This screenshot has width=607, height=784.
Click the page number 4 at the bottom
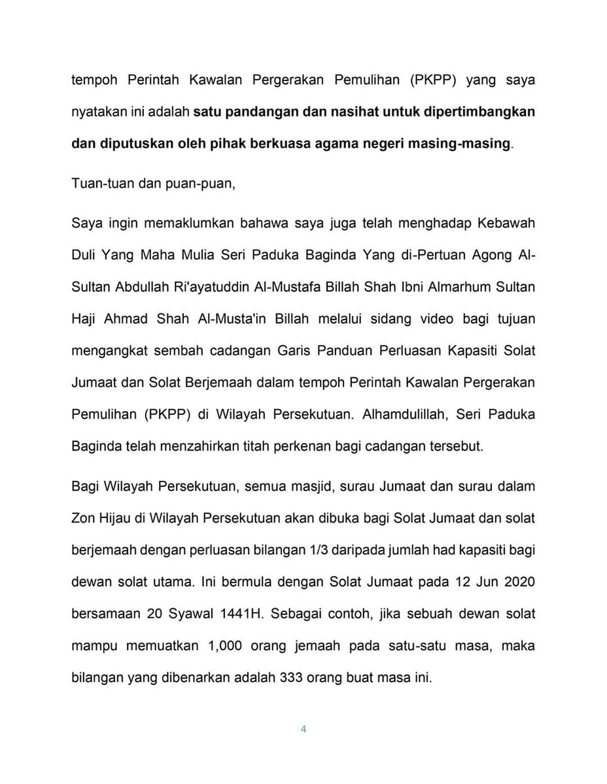303,729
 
